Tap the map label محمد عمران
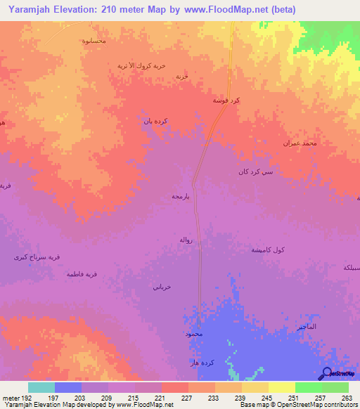(300, 143)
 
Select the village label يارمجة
(183, 197)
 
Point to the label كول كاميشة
(268, 250)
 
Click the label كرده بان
(155, 121)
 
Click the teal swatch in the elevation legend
(41, 387)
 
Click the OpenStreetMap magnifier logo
(326, 375)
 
